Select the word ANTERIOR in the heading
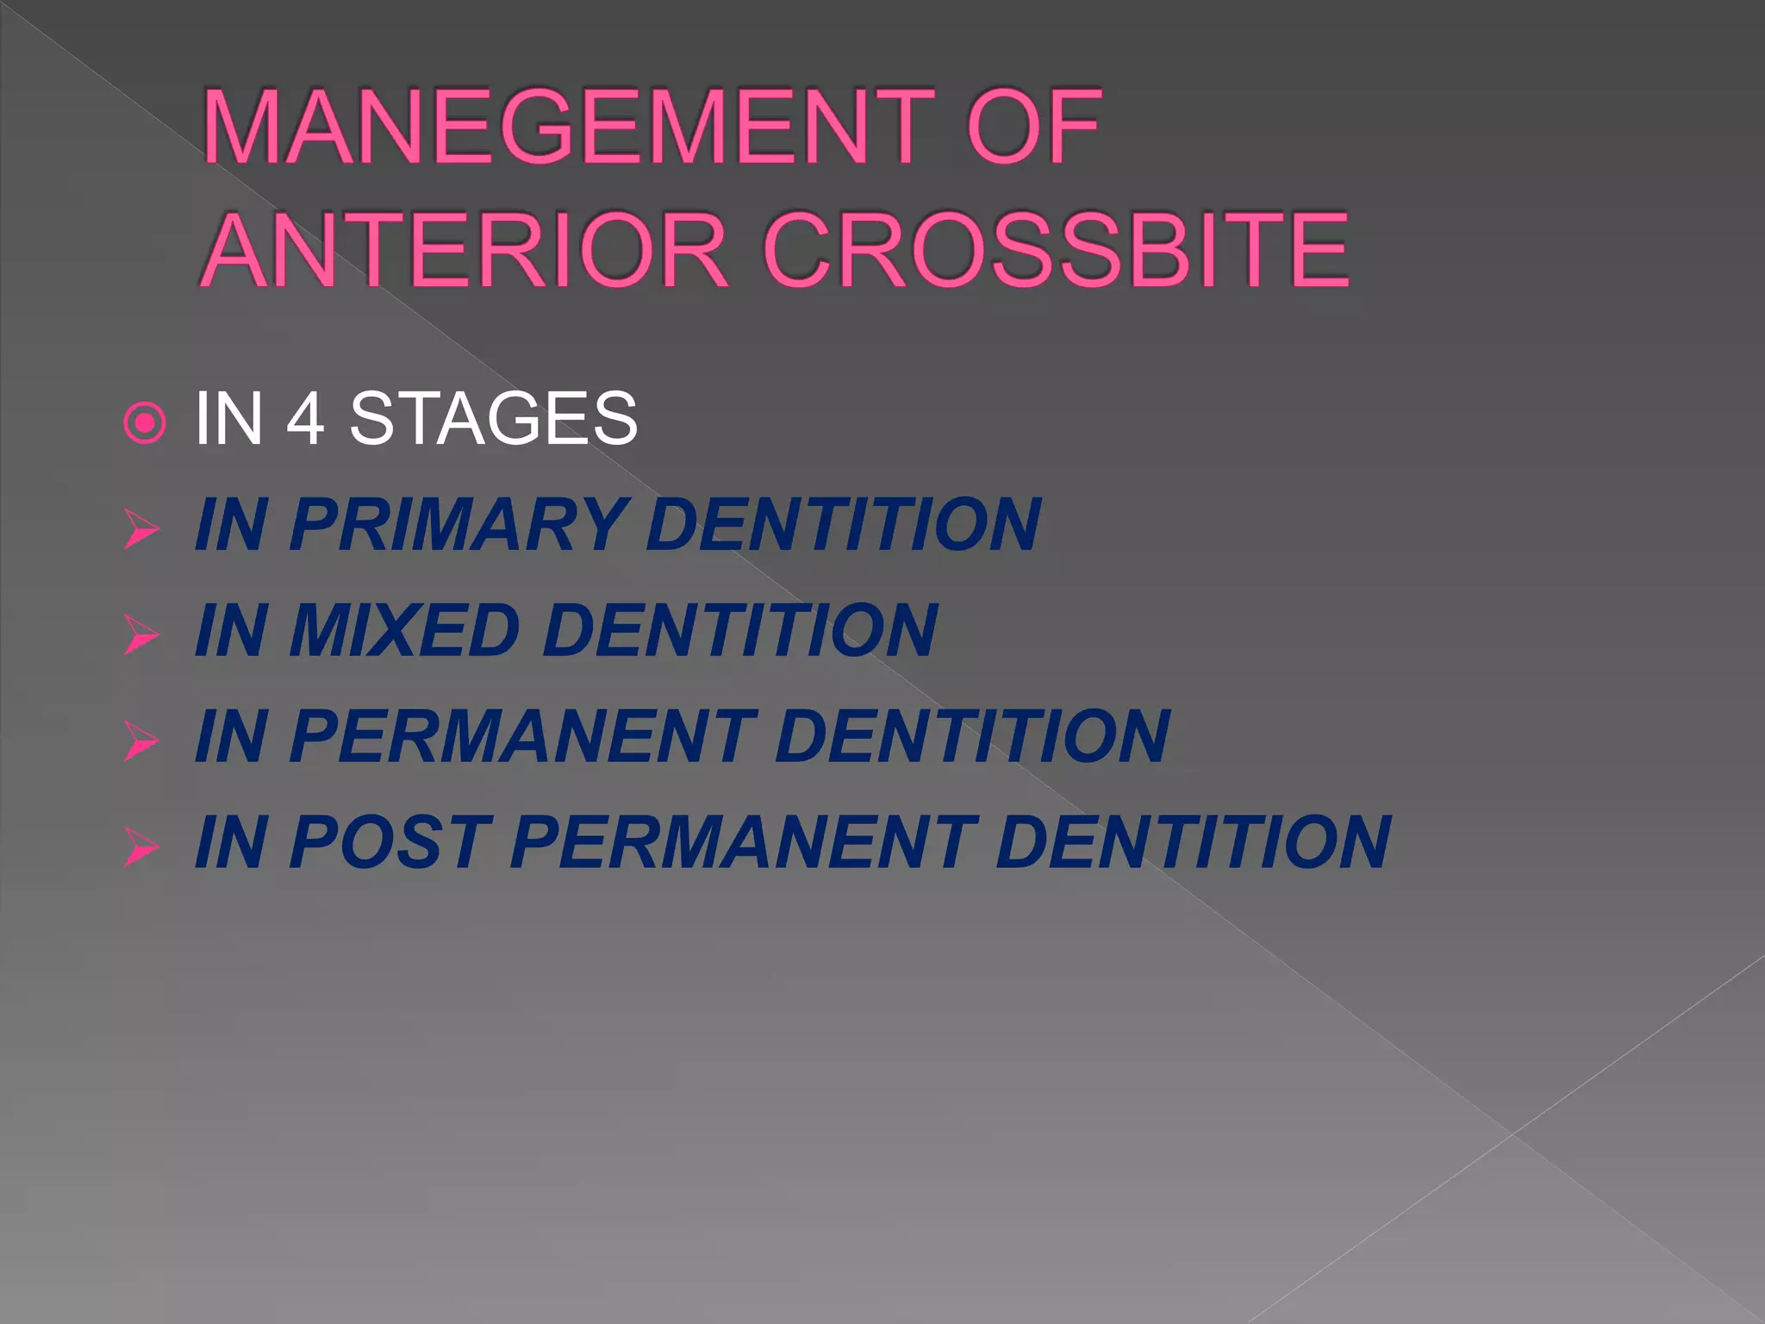[466, 251]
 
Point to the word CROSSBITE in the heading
[1055, 251]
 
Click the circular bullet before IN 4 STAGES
[144, 423]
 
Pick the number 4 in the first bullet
[305, 419]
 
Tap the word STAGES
[493, 419]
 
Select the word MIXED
[403, 630]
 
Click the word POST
[390, 842]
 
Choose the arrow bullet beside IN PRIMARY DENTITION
[141, 528]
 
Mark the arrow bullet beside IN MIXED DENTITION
[141, 634]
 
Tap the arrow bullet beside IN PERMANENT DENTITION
[141, 740]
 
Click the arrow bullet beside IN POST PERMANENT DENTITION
[141, 846]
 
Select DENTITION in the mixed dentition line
[739, 630]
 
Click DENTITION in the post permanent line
[1193, 842]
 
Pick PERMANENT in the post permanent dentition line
[743, 842]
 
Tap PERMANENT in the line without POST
[522, 736]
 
